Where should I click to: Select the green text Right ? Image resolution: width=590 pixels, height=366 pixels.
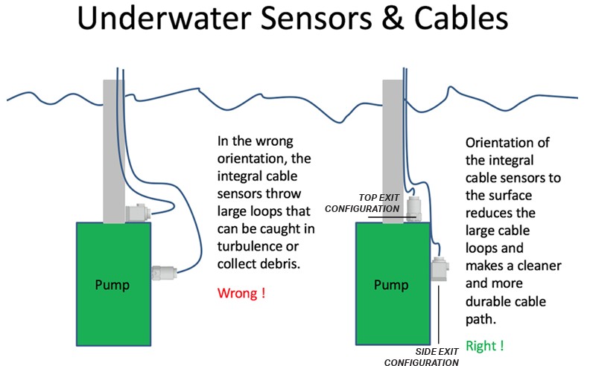click(484, 345)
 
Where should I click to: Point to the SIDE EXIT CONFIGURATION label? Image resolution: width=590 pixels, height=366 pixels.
click(421, 356)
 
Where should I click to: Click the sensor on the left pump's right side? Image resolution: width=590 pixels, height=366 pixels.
click(163, 273)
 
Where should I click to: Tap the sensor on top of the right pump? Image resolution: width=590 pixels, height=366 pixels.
click(414, 208)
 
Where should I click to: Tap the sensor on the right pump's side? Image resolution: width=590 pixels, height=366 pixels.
click(439, 269)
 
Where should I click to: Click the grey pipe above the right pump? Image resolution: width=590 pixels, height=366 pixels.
click(392, 149)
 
